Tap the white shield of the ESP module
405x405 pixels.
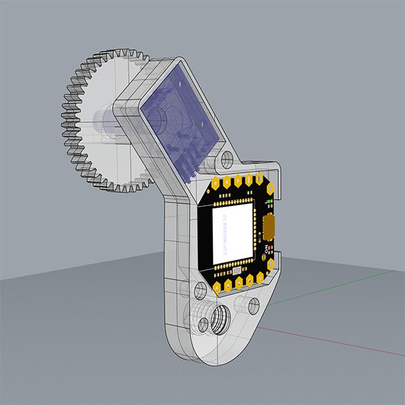click(233, 234)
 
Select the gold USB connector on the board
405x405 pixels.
click(269, 227)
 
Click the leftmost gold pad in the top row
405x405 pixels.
click(215, 183)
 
